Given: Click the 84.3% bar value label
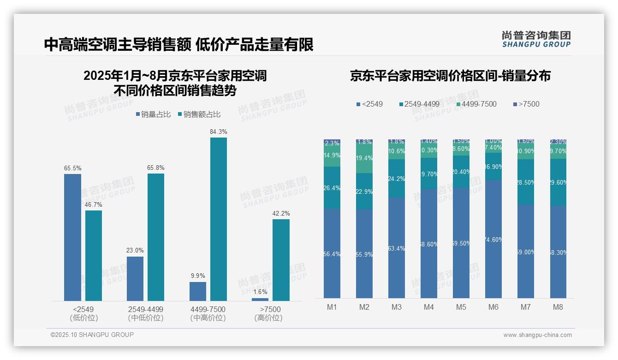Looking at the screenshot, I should pyautogui.click(x=219, y=132).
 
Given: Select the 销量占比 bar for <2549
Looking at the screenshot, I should pyautogui.click(x=72, y=237).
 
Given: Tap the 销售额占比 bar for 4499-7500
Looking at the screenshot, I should pyautogui.click(x=219, y=219).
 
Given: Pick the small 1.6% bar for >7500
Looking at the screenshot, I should pyautogui.click(x=260, y=300).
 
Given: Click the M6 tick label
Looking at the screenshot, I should pyautogui.click(x=493, y=307).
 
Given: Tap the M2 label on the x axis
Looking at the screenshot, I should pyautogui.click(x=364, y=307).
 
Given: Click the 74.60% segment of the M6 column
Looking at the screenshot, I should pyautogui.click(x=493, y=239).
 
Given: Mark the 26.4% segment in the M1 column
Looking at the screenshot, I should pyautogui.click(x=332, y=187).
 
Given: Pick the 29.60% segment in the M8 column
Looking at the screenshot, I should pyautogui.click(x=558, y=182).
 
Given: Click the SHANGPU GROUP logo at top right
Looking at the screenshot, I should pyautogui.click(x=536, y=39).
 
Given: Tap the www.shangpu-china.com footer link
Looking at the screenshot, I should pyautogui.click(x=537, y=335).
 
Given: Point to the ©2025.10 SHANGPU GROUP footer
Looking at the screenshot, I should pyautogui.click(x=92, y=335).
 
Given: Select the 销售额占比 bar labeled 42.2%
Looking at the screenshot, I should pyautogui.click(x=281, y=260).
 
